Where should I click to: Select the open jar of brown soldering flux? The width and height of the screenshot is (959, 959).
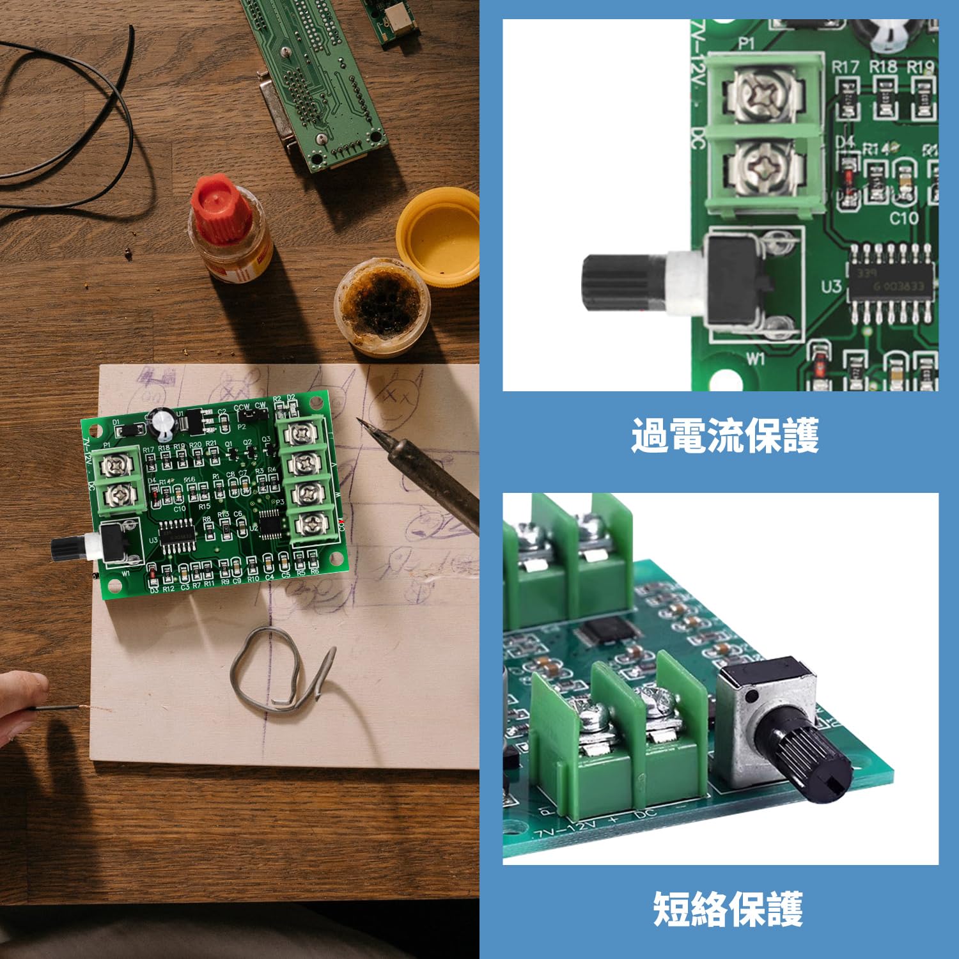[x=382, y=306]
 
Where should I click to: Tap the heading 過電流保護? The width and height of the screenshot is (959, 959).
[x=724, y=436]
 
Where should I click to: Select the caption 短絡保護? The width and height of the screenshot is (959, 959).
[x=727, y=908]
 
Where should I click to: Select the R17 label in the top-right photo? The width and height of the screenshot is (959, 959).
[x=845, y=66]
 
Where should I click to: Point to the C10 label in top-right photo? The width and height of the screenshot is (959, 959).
[x=903, y=219]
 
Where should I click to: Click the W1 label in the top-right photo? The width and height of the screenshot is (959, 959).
[x=755, y=359]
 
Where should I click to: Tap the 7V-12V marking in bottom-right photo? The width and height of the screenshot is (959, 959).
[x=563, y=829]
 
